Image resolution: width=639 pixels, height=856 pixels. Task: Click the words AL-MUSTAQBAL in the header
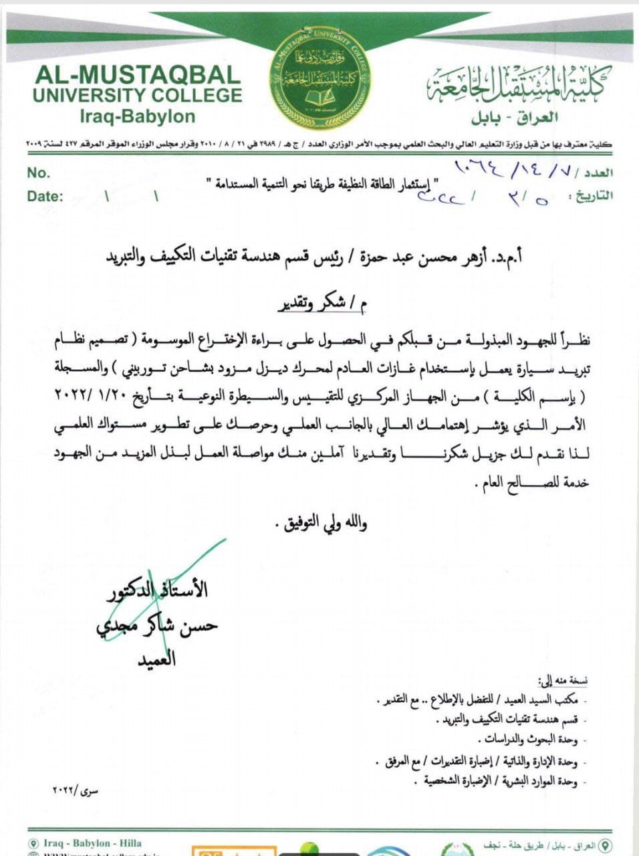tap(138, 74)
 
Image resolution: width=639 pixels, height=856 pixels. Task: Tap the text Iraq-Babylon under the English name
tap(137, 116)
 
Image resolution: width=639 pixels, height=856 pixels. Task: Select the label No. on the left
tap(39, 173)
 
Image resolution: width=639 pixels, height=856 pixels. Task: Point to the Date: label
tap(45, 196)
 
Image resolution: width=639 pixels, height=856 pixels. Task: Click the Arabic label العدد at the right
tap(598, 173)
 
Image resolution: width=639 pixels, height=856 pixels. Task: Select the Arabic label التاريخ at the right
tap(590, 197)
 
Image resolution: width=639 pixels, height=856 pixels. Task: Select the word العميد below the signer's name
tap(156, 659)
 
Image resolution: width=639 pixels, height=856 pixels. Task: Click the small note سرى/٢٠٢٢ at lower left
tap(75, 792)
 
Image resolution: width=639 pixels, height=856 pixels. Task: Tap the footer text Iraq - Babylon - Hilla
tap(93, 843)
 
